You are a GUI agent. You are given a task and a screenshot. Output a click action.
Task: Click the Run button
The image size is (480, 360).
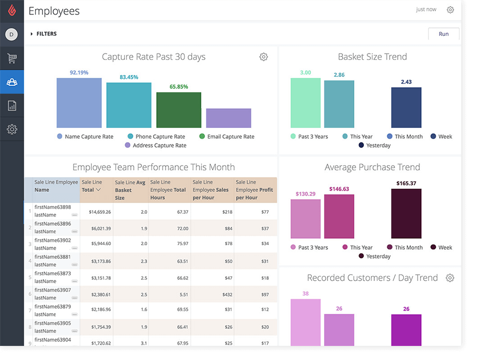(x=443, y=34)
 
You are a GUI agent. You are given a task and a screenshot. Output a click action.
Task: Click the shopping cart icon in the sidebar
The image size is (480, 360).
(x=12, y=59)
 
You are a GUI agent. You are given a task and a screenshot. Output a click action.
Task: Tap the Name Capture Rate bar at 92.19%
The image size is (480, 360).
(x=79, y=103)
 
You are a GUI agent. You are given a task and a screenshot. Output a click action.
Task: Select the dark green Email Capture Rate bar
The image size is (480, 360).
(x=179, y=110)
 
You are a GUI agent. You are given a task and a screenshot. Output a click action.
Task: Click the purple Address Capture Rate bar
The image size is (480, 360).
(x=228, y=118)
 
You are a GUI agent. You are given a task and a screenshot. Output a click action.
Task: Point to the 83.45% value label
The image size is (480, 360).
(x=129, y=77)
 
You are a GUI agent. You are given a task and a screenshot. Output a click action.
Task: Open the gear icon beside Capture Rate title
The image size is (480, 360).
(x=263, y=57)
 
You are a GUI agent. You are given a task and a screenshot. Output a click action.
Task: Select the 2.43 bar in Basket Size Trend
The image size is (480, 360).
(x=406, y=108)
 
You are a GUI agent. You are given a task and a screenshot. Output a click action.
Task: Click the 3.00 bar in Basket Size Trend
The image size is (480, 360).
(x=305, y=103)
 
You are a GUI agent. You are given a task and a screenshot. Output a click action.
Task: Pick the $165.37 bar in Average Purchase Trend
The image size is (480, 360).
(x=406, y=214)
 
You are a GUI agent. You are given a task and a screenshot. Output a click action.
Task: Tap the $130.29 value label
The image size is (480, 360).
(x=305, y=194)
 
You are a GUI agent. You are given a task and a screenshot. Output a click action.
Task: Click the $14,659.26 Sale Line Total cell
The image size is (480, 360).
(x=99, y=212)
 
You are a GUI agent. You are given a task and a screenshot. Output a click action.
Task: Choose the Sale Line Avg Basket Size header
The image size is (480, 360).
(x=130, y=190)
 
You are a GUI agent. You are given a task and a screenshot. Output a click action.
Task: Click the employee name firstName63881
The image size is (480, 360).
(x=52, y=257)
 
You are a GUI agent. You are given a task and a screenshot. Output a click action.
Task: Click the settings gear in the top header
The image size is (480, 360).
(x=450, y=9)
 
